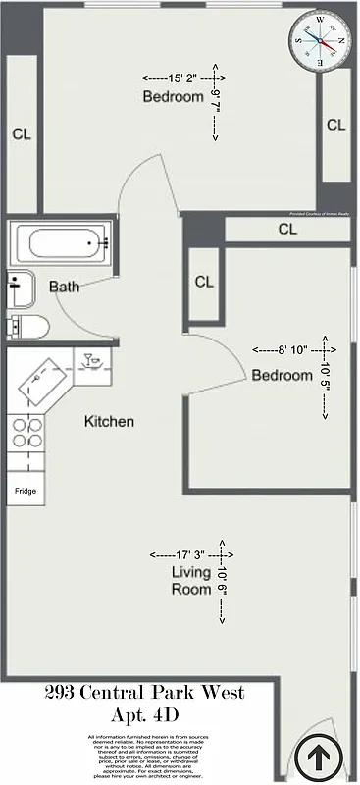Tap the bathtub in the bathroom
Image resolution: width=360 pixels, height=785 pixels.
click(x=60, y=240)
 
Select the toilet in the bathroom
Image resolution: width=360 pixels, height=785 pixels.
click(x=24, y=327)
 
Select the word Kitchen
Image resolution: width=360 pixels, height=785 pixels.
click(x=109, y=422)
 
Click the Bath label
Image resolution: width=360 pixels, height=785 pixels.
click(x=65, y=288)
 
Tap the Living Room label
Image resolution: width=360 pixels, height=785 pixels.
click(x=191, y=581)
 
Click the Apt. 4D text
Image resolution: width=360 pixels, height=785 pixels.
click(x=145, y=713)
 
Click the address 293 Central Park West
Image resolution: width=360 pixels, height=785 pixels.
click(x=144, y=693)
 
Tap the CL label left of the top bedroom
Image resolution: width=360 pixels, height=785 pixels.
click(x=21, y=135)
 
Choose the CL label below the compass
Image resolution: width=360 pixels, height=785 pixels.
click(x=335, y=125)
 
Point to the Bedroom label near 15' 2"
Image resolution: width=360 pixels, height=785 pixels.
click(x=173, y=96)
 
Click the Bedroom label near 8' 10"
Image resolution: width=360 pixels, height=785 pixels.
click(x=283, y=375)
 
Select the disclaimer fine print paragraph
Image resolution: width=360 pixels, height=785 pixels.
click(x=144, y=755)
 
